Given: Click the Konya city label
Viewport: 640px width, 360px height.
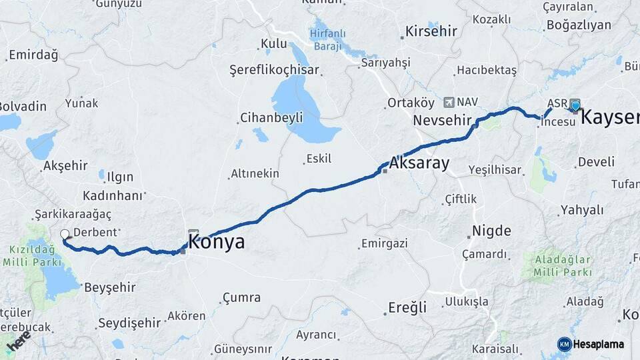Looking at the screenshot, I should pyautogui.click(x=217, y=241).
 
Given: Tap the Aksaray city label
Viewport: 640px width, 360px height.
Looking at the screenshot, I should pyautogui.click(x=419, y=163).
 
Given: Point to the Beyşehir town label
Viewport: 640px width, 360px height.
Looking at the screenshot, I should pyautogui.click(x=110, y=287).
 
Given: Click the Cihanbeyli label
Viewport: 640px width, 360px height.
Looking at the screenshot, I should pyautogui.click(x=271, y=118).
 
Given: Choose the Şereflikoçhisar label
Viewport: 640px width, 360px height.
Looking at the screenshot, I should pyautogui.click(x=274, y=70).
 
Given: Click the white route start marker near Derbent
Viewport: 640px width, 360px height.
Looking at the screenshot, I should pyautogui.click(x=65, y=234).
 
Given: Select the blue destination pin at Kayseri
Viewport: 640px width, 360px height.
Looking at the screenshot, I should pyautogui.click(x=575, y=105).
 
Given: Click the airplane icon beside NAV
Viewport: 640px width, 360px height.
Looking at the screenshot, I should pyautogui.click(x=447, y=102).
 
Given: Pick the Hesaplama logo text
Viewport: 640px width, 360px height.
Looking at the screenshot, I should pyautogui.click(x=599, y=344).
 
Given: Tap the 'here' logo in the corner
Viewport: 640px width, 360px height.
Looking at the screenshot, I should pyautogui.click(x=18, y=341).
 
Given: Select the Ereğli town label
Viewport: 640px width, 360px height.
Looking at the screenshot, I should pyautogui.click(x=407, y=307).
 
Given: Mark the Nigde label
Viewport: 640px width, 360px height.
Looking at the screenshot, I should pyautogui.click(x=491, y=231).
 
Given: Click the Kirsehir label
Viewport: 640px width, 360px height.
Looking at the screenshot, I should pyautogui.click(x=431, y=31).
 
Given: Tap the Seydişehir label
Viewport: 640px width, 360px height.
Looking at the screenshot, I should pyautogui.click(x=129, y=323).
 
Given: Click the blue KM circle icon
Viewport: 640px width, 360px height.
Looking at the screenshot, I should pyautogui.click(x=564, y=344).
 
